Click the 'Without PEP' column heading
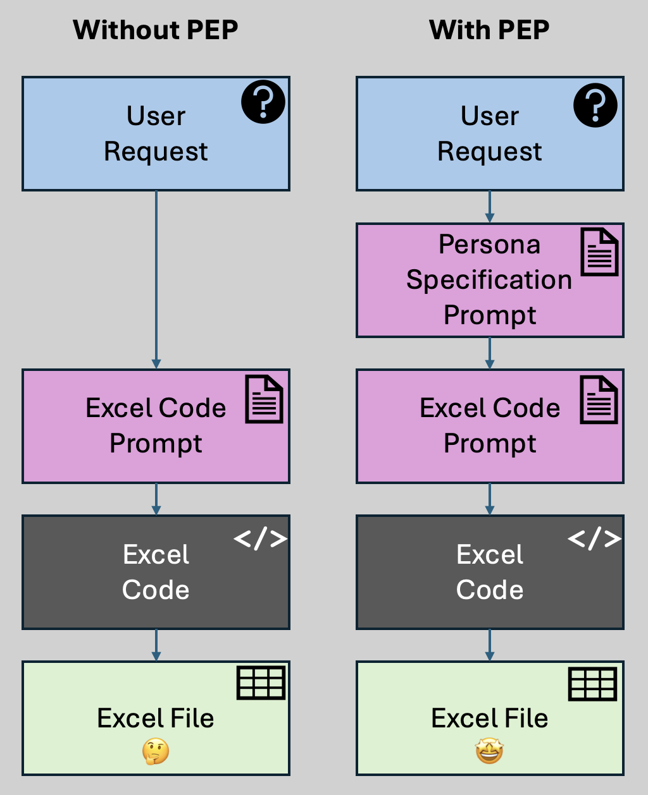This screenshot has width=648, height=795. (156, 30)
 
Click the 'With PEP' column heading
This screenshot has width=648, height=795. (489, 30)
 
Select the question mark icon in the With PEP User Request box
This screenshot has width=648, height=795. (595, 105)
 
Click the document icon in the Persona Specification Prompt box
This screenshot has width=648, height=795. (599, 252)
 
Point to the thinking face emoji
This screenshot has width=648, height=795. (156, 751)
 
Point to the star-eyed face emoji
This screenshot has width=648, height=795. (489, 751)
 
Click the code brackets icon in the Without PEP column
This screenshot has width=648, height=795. (261, 539)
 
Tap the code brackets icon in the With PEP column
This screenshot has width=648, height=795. (594, 538)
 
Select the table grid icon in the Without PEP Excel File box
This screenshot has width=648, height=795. (261, 683)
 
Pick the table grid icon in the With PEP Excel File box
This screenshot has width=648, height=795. (593, 684)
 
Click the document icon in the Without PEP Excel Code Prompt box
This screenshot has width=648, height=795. (264, 399)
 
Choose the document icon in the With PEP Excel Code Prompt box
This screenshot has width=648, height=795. (599, 399)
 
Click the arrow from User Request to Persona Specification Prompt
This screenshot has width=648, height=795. (489, 207)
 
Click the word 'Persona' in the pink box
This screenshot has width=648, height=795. (489, 245)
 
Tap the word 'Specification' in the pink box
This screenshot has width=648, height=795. (489, 279)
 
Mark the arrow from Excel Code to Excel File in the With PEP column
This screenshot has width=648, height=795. (489, 645)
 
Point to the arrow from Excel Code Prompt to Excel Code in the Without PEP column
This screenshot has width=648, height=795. (156, 499)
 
